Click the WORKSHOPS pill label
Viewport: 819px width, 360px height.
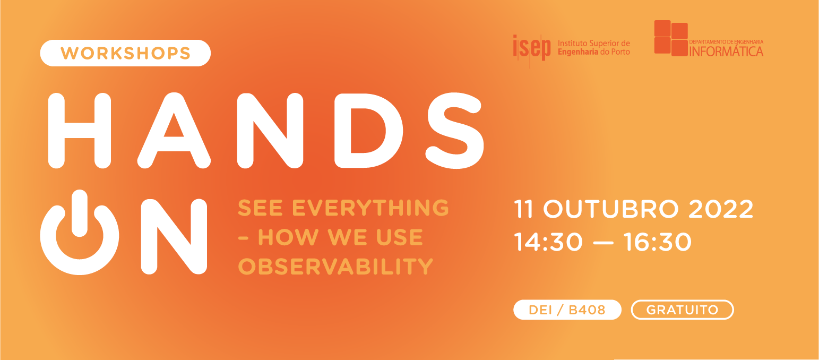coord(125,53)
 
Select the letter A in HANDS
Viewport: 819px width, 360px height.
coord(174,130)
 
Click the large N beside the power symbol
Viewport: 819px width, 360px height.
coord(174,236)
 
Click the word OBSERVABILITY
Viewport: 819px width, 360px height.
coord(335,267)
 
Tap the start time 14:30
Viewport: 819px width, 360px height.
coord(548,242)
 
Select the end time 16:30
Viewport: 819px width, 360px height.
coord(658,242)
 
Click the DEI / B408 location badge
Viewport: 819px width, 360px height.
coord(567,310)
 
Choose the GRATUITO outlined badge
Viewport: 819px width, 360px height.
coord(682,310)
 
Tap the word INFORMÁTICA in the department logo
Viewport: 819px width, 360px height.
coord(726,52)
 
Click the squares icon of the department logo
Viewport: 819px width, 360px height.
coord(670,38)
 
